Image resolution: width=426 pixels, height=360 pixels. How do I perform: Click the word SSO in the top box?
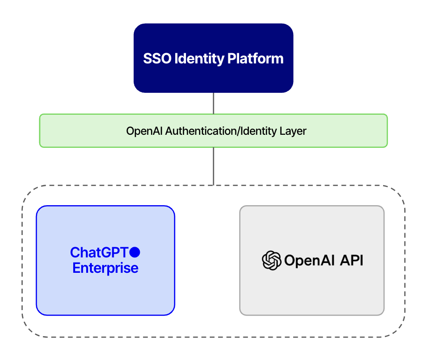(154, 59)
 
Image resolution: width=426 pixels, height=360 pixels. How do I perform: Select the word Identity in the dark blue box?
(196, 59)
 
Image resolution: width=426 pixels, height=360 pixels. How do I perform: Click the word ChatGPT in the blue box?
(99, 253)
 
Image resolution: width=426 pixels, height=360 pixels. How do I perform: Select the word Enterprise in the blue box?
(105, 269)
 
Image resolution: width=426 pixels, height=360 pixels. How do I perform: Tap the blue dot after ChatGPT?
(135, 252)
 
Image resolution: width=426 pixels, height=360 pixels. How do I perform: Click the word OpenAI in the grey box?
(307, 260)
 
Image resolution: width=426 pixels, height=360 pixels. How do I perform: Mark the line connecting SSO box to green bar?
(213, 103)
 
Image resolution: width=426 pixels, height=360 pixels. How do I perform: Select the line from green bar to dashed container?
(213, 166)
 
